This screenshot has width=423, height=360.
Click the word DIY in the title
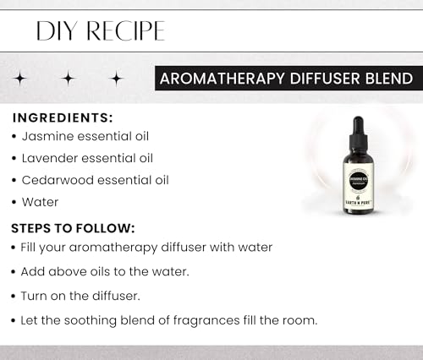pyautogui.click(x=55, y=31)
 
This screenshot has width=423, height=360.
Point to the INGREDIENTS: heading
pyautogui.click(x=63, y=117)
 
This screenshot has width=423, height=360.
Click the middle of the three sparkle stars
pyautogui.click(x=68, y=79)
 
